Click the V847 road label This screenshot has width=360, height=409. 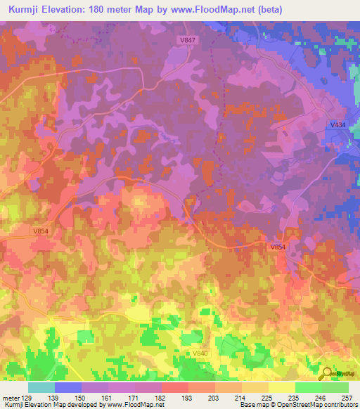187,41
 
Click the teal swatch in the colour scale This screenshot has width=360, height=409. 41,387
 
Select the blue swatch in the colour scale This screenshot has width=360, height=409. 68,387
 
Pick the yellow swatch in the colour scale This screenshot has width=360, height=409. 281,387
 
